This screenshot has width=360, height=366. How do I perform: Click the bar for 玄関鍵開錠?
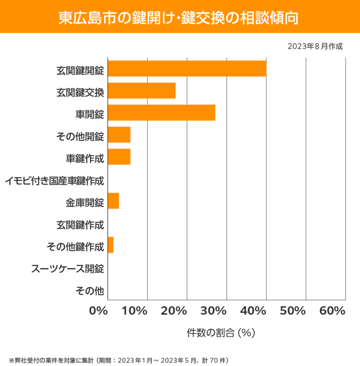187,68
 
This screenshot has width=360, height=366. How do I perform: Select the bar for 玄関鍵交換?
142,91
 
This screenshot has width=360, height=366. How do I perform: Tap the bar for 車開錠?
162,112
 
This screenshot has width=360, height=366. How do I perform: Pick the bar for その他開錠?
119,135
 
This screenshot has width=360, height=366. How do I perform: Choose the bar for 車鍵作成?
119,157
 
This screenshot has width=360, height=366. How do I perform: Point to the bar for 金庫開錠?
113,201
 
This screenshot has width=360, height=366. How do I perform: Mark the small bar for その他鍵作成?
111,245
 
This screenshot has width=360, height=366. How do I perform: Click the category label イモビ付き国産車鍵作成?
55,181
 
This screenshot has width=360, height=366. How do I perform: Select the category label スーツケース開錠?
68,269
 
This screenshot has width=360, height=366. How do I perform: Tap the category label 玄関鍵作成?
80,225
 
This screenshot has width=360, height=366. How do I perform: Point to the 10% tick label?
135,311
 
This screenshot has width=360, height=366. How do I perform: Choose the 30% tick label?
214,311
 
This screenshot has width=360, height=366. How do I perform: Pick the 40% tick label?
254,311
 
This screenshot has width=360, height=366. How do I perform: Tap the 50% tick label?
293,311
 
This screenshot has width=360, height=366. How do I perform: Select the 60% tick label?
332,311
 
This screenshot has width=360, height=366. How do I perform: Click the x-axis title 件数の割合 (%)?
221,333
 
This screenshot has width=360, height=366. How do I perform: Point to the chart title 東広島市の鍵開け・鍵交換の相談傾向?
180,17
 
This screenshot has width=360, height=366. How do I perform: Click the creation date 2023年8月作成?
315,46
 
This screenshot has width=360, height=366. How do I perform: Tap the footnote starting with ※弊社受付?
118,360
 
